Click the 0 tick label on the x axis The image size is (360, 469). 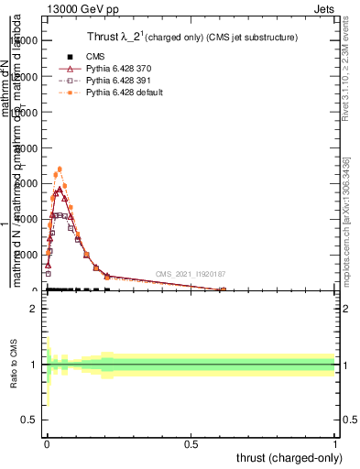(47, 443)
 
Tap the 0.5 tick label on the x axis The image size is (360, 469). (191, 443)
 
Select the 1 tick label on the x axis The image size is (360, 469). (335, 443)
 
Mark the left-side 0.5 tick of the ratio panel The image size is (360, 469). (30, 421)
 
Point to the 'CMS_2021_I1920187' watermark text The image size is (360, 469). (190, 274)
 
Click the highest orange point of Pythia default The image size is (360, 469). (60, 169)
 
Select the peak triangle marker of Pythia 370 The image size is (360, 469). (60, 190)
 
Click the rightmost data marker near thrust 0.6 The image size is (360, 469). (223, 290)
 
